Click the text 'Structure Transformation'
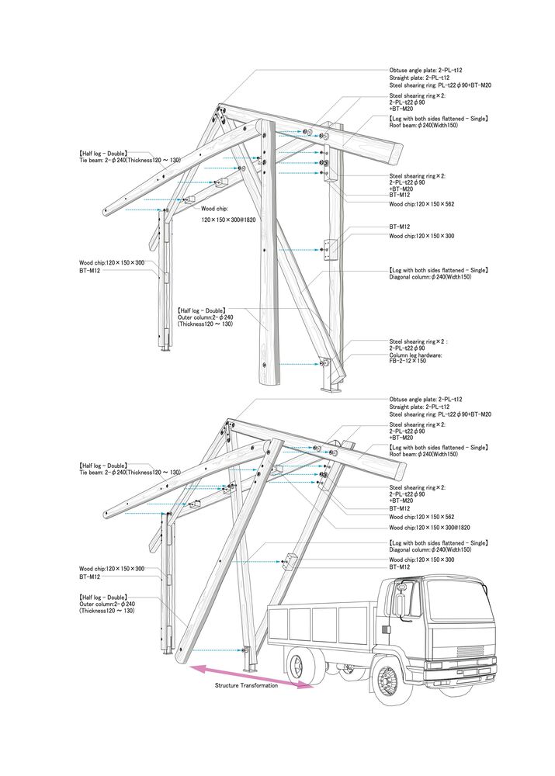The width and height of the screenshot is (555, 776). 246,685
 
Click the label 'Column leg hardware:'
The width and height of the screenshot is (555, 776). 415,355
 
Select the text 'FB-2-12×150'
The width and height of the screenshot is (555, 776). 408,361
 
